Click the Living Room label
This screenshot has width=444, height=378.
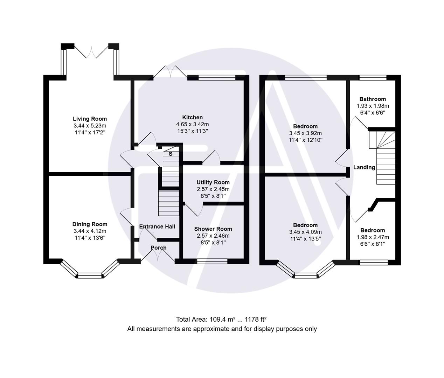90,119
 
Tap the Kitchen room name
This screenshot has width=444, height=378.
192,117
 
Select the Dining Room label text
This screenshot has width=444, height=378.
90,224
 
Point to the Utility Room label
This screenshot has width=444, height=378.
213,182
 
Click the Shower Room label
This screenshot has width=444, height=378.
213,229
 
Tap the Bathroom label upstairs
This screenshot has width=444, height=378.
373,99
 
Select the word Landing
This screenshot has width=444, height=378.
364,167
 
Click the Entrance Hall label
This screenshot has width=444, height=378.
157,226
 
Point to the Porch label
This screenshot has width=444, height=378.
159,247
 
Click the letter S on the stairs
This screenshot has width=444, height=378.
171,154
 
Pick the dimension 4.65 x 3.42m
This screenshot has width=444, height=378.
192,124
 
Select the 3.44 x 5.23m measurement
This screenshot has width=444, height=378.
90,126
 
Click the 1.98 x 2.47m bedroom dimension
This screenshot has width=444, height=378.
373,237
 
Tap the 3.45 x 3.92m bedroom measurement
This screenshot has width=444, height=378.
305,133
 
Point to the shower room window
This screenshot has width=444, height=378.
212,261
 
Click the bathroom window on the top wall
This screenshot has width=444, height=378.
373,78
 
